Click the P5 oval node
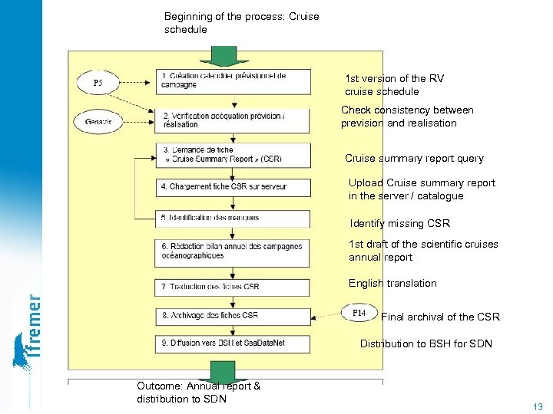[x=98, y=82]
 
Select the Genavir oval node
[x=97, y=121]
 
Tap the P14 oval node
[x=359, y=314]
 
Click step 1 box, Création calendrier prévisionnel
[x=234, y=80]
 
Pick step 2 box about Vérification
[x=234, y=120]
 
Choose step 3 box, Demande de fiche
[x=234, y=154]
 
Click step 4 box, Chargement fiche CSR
[x=234, y=186]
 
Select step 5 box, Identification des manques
[x=234, y=218]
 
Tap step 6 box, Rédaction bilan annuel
[x=234, y=251]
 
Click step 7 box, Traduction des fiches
[x=234, y=286]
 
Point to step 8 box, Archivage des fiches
[x=234, y=315]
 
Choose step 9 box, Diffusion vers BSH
[x=234, y=343]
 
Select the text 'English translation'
[x=392, y=284]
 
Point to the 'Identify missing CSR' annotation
[x=399, y=224]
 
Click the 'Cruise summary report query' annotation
[x=414, y=159]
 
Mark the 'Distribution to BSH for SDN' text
[x=426, y=344]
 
